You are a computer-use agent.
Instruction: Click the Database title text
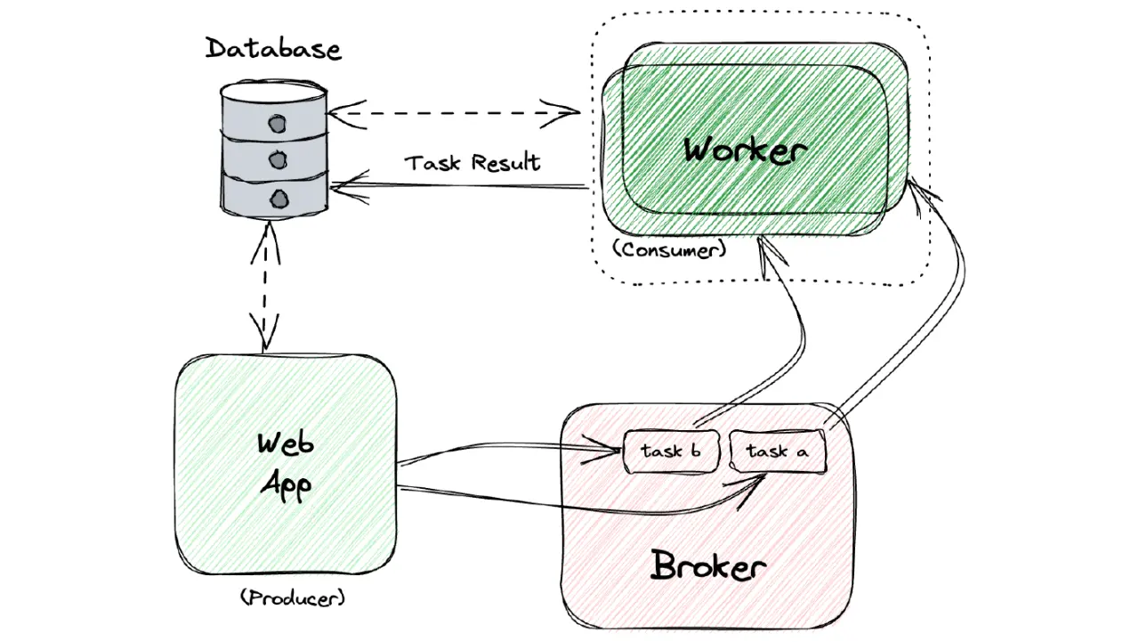273,49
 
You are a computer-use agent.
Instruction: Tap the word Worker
746,150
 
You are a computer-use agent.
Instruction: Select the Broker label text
707,565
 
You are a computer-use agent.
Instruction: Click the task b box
671,451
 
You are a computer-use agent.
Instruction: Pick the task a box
778,451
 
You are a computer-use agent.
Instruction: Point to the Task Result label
472,163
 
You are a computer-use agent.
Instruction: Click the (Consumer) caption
670,250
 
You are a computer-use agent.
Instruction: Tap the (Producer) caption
293,597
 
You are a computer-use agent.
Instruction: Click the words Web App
286,466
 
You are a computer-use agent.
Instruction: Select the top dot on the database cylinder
278,124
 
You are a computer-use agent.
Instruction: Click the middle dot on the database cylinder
278,161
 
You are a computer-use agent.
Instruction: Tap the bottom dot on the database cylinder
279,199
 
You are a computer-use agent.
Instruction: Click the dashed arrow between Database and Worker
453,113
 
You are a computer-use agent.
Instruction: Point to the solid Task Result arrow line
459,186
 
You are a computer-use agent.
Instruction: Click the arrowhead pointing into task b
602,449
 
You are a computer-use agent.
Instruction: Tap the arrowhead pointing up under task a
747,491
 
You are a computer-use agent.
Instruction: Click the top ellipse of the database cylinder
273,92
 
